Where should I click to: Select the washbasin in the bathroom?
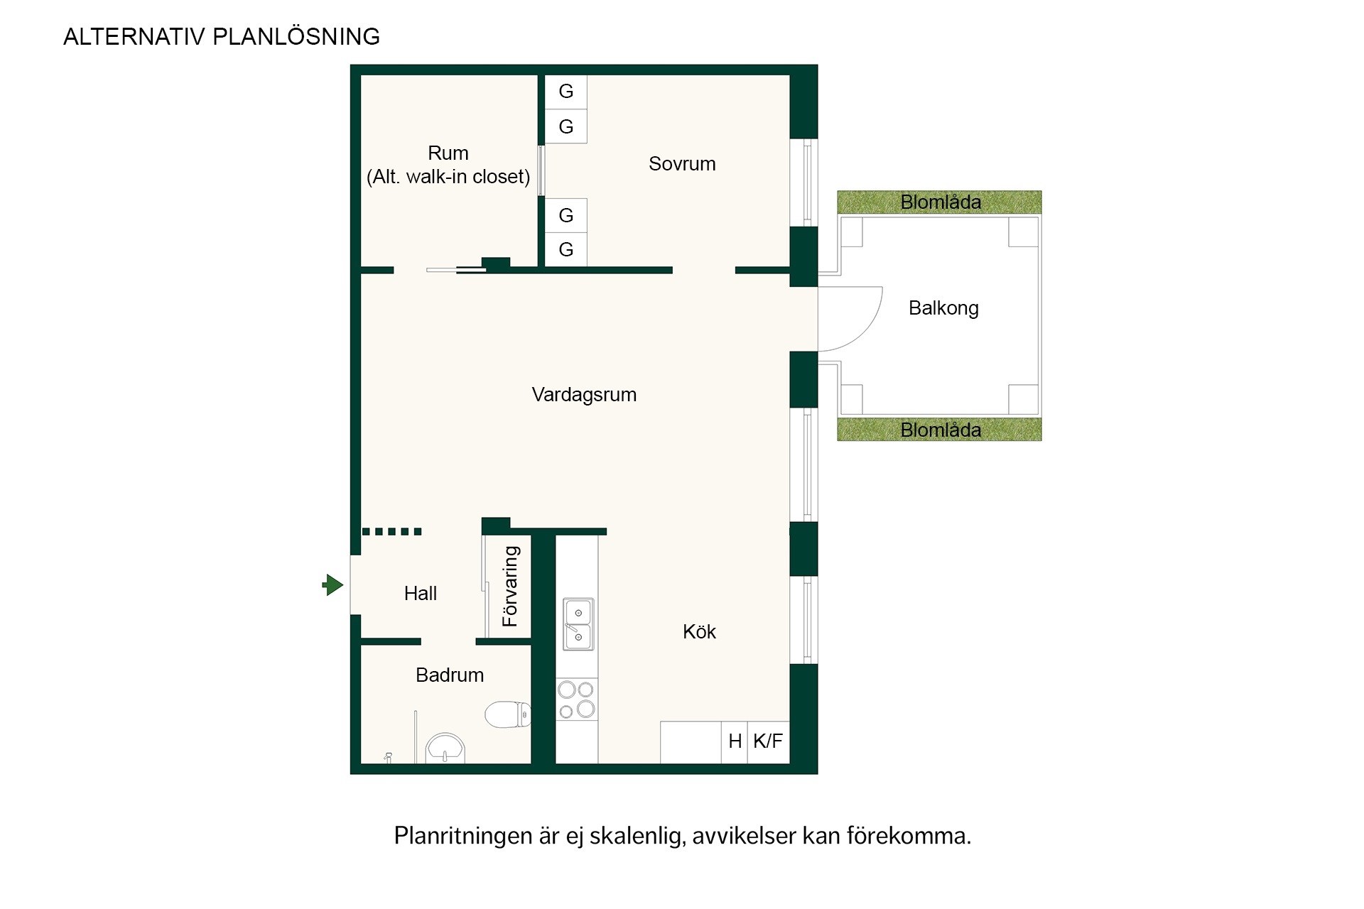click(445, 749)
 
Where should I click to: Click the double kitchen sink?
click(578, 624)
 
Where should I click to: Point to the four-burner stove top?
click(577, 700)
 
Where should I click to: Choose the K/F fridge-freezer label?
click(768, 741)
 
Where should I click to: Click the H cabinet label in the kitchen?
click(735, 741)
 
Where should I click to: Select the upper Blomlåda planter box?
click(939, 202)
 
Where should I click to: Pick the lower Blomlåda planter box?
click(939, 429)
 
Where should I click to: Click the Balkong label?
click(943, 308)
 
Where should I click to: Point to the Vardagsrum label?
click(584, 395)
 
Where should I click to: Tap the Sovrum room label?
click(682, 164)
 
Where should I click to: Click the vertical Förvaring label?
click(510, 587)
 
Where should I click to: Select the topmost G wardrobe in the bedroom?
click(566, 92)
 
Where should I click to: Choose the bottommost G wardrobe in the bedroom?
click(566, 250)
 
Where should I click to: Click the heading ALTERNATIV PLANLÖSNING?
click(222, 37)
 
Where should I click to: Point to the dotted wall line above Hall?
click(392, 531)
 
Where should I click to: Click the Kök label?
click(699, 632)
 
